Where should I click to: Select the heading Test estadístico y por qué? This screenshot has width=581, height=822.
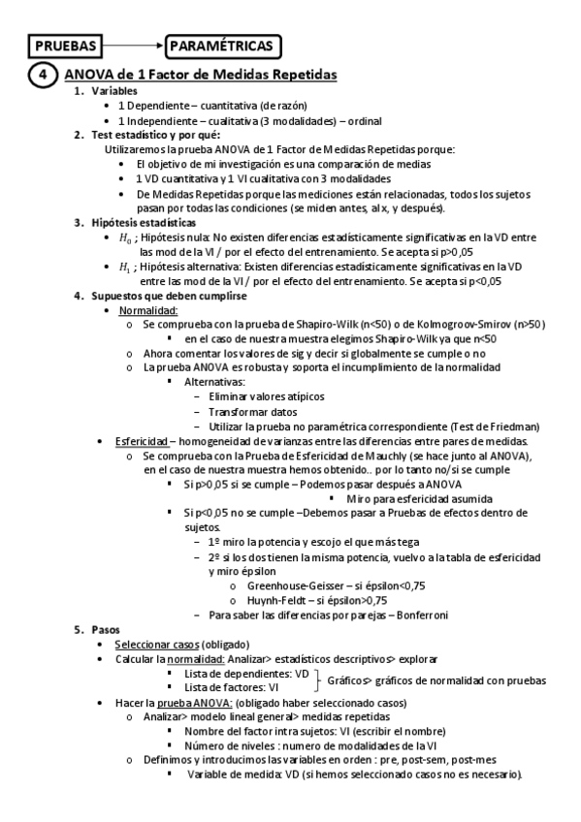(x=154, y=135)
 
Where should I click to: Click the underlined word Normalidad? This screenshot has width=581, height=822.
(x=147, y=310)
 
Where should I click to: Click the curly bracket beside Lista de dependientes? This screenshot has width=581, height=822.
(x=317, y=680)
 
